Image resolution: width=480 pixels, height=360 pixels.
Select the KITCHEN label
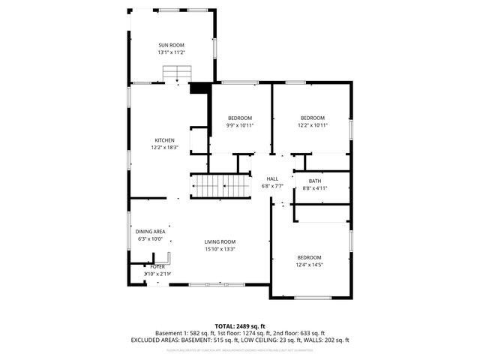pyautogui.click(x=165, y=140)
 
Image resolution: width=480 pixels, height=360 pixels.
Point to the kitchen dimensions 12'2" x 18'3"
pyautogui.click(x=165, y=148)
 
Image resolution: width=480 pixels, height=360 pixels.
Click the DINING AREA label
pyautogui.click(x=150, y=232)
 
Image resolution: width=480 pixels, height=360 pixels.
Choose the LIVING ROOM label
pyautogui.click(x=220, y=241)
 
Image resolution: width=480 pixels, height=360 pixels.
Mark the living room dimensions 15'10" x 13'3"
pyautogui.click(x=220, y=249)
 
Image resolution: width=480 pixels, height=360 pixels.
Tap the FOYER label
pyautogui.click(x=157, y=266)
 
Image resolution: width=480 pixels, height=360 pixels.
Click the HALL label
pyautogui.click(x=272, y=178)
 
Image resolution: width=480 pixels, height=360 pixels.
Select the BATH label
pyautogui.click(x=315, y=180)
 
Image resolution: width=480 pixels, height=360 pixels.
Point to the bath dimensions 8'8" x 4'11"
pyautogui.click(x=315, y=187)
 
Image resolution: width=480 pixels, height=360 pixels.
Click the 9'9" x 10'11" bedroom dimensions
pyautogui.click(x=240, y=125)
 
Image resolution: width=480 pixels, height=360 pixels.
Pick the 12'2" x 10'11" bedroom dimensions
pyautogui.click(x=313, y=125)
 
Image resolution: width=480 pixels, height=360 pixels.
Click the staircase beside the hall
pyautogui.click(x=220, y=185)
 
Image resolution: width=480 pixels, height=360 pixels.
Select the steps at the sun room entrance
pyautogui.click(x=178, y=73)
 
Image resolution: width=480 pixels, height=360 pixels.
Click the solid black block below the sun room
pyautogui.click(x=199, y=88)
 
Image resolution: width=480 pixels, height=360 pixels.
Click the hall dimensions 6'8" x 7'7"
pyautogui.click(x=272, y=185)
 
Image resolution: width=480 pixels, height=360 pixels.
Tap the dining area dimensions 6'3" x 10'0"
pyautogui.click(x=150, y=239)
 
